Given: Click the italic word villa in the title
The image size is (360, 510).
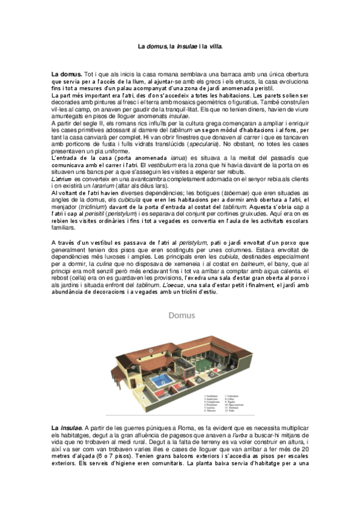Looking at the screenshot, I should [x=215, y=46].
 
